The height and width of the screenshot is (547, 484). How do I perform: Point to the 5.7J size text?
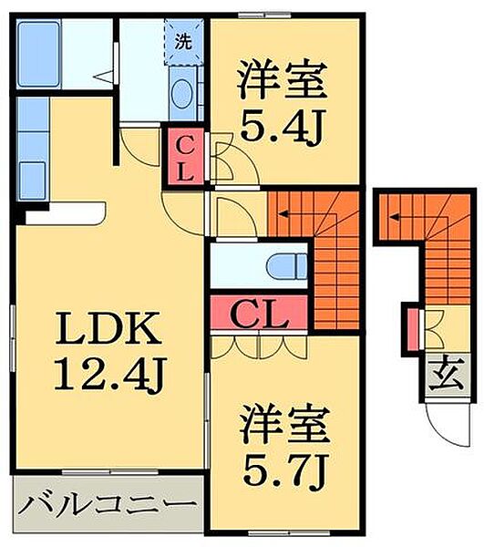click(x=283, y=470)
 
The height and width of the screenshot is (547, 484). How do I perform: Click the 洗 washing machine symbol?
click(x=183, y=41)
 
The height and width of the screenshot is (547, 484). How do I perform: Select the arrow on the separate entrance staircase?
click(x=398, y=215)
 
